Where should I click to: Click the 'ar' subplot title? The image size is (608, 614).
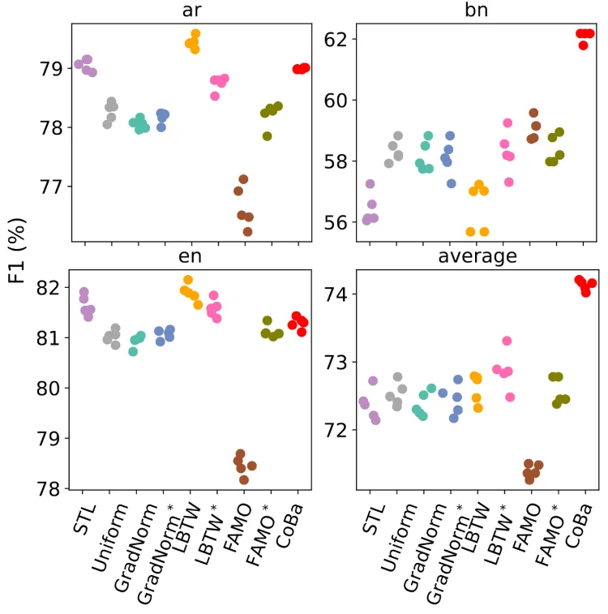(x=191, y=11)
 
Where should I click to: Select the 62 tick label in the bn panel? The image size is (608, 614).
(x=336, y=39)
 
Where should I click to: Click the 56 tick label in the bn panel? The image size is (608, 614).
(x=336, y=222)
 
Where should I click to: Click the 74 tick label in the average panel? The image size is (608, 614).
(x=336, y=294)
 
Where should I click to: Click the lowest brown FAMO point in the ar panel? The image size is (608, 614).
(x=247, y=232)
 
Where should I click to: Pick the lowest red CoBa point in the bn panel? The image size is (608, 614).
(x=583, y=45)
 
